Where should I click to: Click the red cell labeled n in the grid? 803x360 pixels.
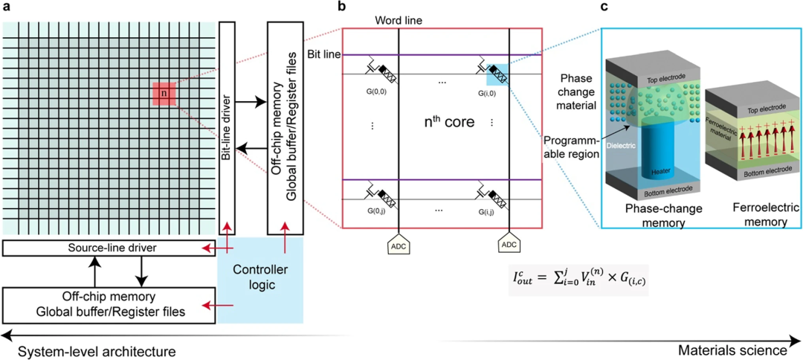click(x=164, y=94)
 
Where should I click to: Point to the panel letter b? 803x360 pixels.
click(x=342, y=7)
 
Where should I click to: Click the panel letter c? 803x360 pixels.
click(x=604, y=7)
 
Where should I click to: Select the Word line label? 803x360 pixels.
click(x=399, y=20)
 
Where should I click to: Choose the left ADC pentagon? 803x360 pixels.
click(x=399, y=247)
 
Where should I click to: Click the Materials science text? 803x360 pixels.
click(x=733, y=350)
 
